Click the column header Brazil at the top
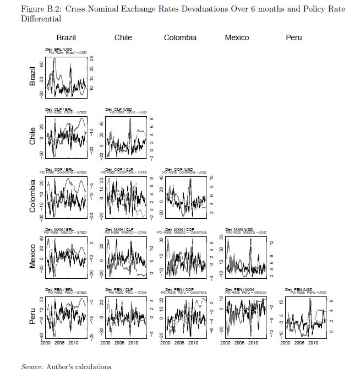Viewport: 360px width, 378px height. point(66,37)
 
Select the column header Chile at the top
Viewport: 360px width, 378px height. point(123,37)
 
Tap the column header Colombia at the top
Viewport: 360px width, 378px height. point(180,37)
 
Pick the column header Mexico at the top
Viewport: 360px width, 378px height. point(237,37)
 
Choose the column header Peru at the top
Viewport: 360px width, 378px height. point(293,37)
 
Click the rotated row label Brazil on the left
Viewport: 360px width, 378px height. point(33,75)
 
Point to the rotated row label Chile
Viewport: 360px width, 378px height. point(33,136)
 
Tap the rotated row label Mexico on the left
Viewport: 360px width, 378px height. point(33,256)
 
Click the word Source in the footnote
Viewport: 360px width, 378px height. point(32,366)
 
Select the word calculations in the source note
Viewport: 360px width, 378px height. point(94,366)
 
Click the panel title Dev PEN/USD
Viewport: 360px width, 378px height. point(298,289)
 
